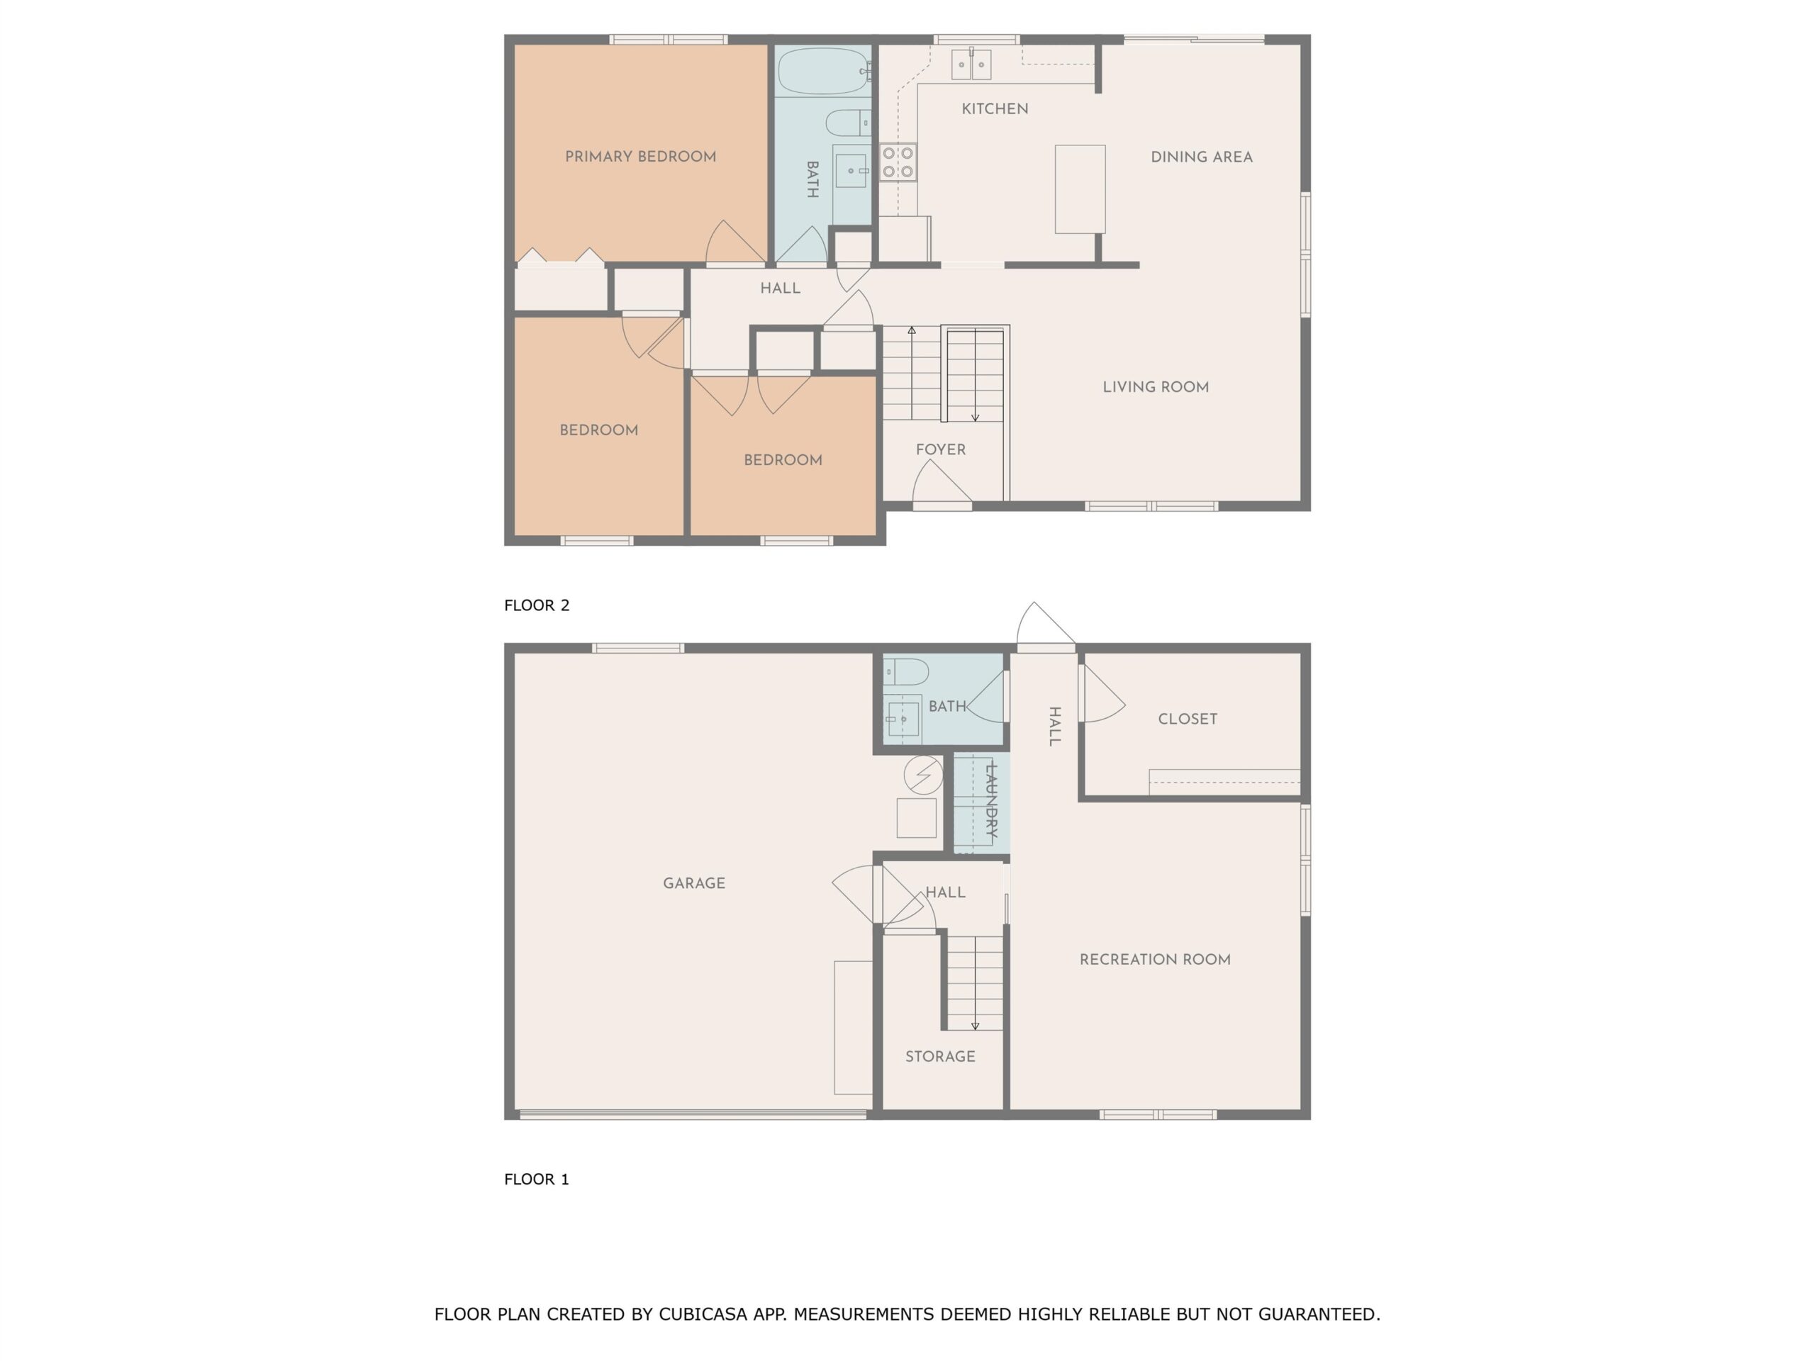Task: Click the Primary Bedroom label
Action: (x=640, y=157)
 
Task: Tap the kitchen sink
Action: (x=971, y=64)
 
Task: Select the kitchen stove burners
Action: (x=898, y=162)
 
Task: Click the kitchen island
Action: (x=1080, y=189)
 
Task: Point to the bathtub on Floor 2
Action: (x=823, y=72)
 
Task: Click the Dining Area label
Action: (x=1201, y=157)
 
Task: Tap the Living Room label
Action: (x=1156, y=387)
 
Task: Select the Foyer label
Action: (x=940, y=449)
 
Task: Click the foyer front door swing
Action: (x=942, y=484)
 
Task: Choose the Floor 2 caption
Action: (x=537, y=605)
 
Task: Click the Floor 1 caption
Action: (x=537, y=1179)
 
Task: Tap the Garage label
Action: (x=694, y=883)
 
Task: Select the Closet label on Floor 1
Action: (x=1188, y=719)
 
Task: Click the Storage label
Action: (x=940, y=1057)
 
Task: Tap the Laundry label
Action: (x=990, y=800)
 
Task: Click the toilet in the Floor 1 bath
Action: (x=906, y=673)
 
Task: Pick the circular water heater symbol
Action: (x=924, y=775)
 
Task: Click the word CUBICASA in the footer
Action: (x=703, y=1315)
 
